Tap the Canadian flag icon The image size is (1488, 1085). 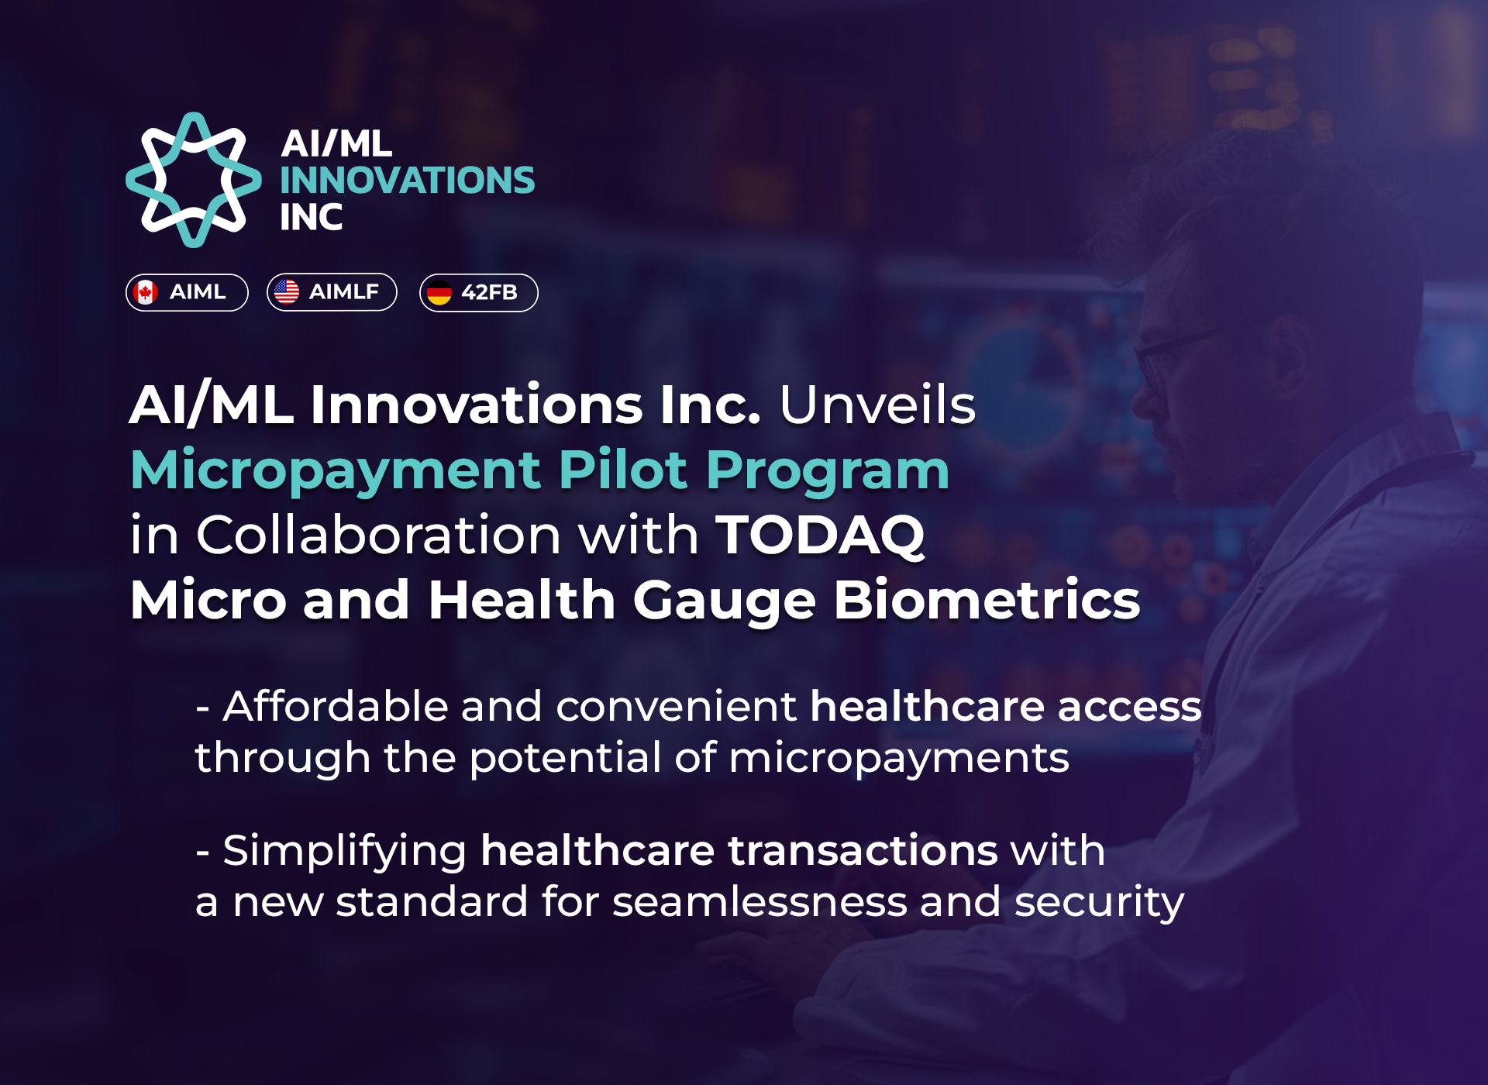tap(145, 292)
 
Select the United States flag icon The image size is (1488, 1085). tap(287, 291)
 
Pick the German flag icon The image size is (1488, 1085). tap(439, 293)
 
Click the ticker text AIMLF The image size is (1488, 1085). tap(344, 291)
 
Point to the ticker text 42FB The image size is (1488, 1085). tap(489, 292)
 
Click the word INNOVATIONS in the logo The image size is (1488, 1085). tap(407, 180)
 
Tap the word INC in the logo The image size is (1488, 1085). tap(311, 217)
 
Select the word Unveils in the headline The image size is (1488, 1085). tap(877, 405)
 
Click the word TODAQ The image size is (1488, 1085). tap(820, 536)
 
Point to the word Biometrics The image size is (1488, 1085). tap(987, 600)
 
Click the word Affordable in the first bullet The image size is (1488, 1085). tap(336, 706)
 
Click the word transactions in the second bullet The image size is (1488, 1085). tap(863, 850)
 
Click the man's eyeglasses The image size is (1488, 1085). tap(1174, 353)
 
